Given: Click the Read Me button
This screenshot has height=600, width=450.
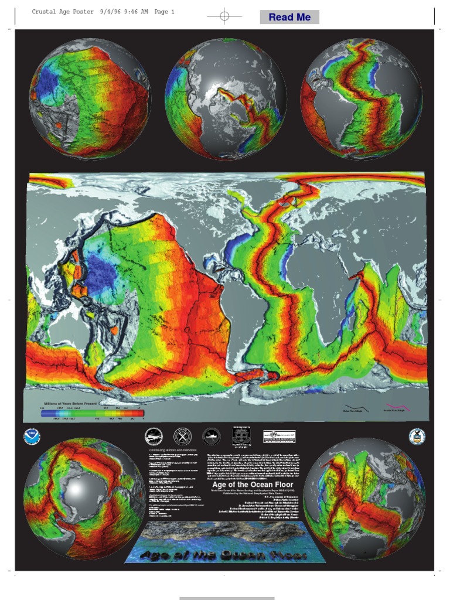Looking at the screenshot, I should pyautogui.click(x=289, y=17).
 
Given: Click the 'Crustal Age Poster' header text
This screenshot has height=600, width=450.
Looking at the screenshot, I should pyautogui.click(x=62, y=12).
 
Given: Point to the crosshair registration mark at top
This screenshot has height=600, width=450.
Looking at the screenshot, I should pyautogui.click(x=224, y=16).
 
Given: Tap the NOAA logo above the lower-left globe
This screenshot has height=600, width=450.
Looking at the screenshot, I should pyautogui.click(x=31, y=437).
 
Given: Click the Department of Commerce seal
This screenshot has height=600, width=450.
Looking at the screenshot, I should pyautogui.click(x=417, y=436).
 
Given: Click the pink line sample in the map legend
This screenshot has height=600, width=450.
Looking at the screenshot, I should pyautogui.click(x=397, y=406).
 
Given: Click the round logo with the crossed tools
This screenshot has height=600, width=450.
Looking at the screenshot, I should pyautogui.click(x=182, y=436).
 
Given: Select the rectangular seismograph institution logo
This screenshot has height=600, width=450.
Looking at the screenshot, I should pyautogui.click(x=279, y=436).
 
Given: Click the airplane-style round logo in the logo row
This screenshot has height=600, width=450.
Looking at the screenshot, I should pyautogui.click(x=154, y=436).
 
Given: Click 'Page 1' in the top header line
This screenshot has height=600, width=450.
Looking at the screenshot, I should pyautogui.click(x=165, y=12).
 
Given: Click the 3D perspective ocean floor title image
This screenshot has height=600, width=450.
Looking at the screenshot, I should pyautogui.click(x=225, y=543).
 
